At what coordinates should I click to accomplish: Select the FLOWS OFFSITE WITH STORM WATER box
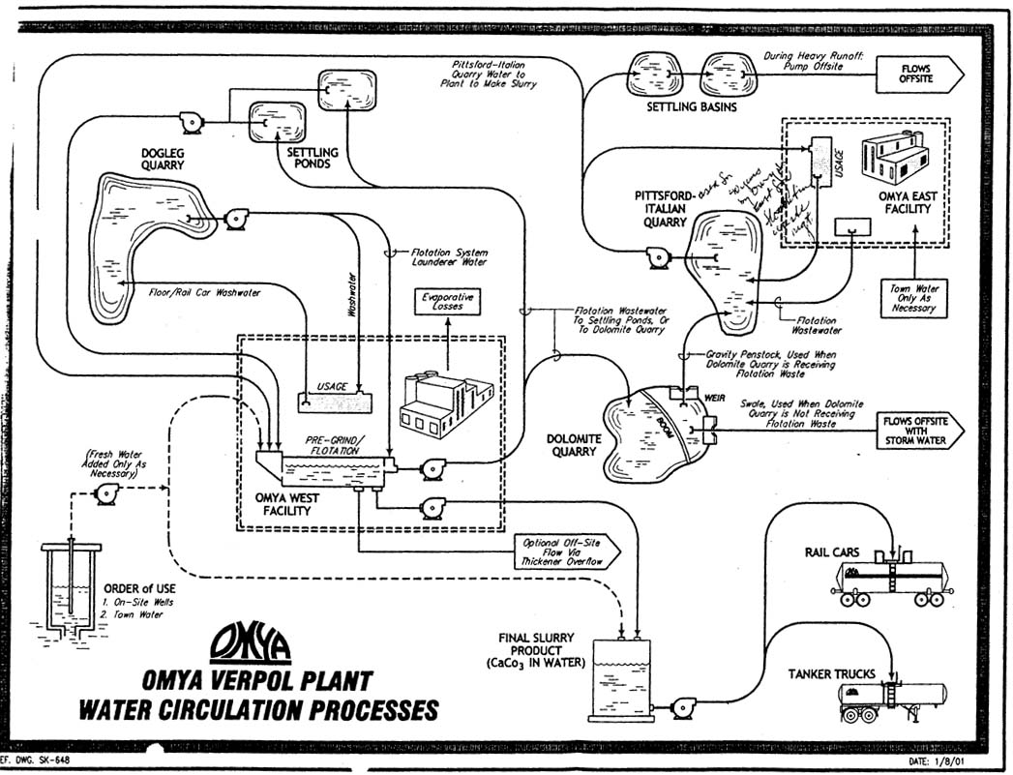[921, 432]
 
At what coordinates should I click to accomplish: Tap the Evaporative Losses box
[447, 300]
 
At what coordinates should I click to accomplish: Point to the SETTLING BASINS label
[691, 106]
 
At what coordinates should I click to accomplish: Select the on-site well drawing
[71, 590]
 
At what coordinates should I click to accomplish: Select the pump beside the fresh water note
[105, 495]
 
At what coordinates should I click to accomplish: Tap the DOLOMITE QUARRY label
[576, 446]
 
